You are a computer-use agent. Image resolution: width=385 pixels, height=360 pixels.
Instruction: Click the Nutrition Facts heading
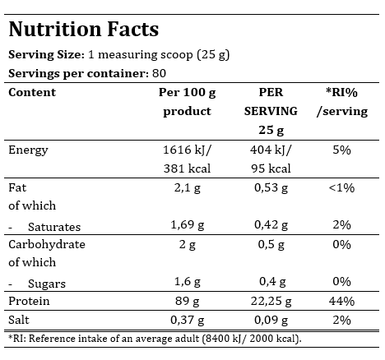coord(84,29)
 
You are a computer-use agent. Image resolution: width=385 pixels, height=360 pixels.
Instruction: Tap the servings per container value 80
coord(160,73)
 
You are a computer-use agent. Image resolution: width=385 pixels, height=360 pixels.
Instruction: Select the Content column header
coord(32,92)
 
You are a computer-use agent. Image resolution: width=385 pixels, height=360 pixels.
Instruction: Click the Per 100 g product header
coord(188,102)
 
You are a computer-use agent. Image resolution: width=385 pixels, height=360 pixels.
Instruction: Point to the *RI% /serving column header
coord(342,102)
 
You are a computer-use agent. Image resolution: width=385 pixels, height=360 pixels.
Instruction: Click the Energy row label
coord(28,150)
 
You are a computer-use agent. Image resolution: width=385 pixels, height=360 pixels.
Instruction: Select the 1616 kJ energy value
coord(188,150)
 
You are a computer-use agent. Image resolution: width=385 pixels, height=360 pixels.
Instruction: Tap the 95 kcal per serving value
coord(271,168)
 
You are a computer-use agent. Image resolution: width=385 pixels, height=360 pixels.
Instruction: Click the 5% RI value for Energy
coord(341,150)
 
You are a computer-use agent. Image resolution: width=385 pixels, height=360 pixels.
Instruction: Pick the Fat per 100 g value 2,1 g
coord(188,188)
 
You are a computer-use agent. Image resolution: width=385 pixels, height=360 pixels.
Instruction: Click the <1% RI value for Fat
coord(341,188)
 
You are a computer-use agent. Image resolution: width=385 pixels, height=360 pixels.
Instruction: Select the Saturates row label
coord(54,227)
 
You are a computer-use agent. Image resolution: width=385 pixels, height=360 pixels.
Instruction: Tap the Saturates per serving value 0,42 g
coord(271,225)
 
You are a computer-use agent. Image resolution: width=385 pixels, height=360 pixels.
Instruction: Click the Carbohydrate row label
coord(47,245)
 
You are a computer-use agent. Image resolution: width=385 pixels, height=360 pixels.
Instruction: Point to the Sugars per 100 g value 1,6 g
coord(188,282)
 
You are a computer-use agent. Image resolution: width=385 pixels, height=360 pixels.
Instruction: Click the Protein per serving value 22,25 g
coord(271,302)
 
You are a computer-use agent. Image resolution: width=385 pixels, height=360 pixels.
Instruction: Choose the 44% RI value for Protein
coord(341,301)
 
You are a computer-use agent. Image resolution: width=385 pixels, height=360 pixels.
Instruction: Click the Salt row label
coord(19,320)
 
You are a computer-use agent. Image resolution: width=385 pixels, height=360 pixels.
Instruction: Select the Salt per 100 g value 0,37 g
coord(188,321)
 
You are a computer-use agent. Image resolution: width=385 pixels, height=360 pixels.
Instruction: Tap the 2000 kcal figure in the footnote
coord(273,339)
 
